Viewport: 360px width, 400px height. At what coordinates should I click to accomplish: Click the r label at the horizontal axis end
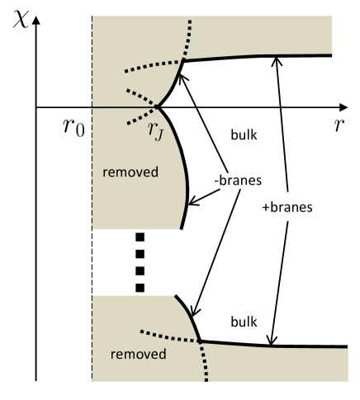[338, 128]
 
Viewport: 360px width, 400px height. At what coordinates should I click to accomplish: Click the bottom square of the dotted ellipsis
[140, 287]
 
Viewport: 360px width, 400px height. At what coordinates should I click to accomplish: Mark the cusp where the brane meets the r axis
[157, 107]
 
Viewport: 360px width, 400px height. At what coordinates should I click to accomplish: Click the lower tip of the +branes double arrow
[272, 341]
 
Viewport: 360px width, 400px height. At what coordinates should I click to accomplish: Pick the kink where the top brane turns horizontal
[182, 59]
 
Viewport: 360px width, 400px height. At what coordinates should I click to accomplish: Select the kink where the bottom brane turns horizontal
[201, 339]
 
